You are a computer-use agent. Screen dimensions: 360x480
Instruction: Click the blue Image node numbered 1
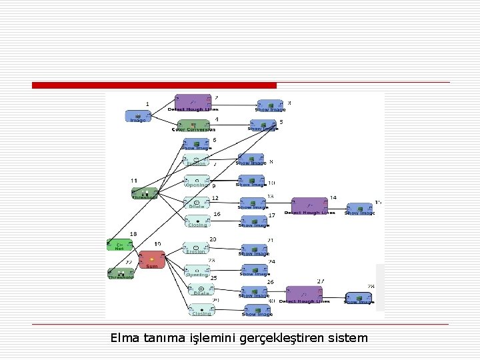click(137, 116)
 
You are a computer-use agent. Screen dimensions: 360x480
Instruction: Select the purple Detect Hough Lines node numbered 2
click(193, 102)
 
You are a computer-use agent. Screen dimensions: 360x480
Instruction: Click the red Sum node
click(152, 259)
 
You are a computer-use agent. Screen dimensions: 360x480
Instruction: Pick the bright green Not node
click(120, 245)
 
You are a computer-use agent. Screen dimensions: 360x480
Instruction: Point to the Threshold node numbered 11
click(145, 193)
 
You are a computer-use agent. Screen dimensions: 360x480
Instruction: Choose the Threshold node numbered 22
click(121, 273)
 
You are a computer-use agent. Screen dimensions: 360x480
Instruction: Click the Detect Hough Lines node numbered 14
click(309, 206)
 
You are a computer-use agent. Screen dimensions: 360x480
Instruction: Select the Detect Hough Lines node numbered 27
click(304, 294)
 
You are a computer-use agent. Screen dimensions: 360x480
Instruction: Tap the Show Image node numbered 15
click(359, 209)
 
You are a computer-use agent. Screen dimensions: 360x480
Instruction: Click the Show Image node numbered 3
click(270, 105)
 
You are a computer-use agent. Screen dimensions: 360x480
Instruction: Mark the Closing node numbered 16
click(197, 221)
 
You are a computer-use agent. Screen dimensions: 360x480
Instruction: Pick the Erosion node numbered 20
click(196, 248)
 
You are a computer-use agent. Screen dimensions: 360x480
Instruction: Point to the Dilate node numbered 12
click(197, 202)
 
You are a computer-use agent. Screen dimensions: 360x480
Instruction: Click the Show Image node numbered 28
click(359, 298)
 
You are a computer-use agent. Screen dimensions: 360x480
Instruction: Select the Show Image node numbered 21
click(253, 250)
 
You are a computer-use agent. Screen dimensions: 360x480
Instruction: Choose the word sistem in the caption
click(347, 338)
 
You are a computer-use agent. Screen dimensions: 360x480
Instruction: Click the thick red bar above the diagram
click(154, 85)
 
